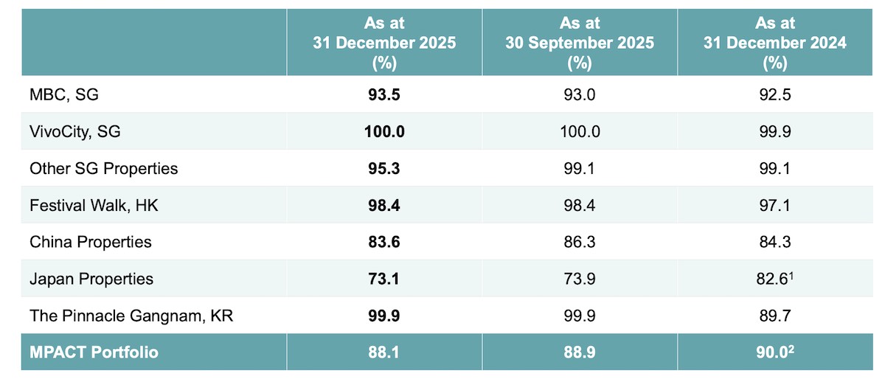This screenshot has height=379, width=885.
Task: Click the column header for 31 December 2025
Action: tap(384, 43)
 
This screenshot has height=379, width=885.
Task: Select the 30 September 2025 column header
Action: tap(579, 43)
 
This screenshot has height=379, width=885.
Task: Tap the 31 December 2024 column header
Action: tap(774, 43)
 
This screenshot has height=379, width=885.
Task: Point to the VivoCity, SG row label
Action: tap(74, 132)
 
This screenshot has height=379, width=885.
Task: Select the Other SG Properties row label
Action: tap(104, 168)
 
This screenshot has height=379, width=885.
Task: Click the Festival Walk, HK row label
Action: tap(94, 205)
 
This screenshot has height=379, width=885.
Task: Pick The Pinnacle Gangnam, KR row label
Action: tap(131, 316)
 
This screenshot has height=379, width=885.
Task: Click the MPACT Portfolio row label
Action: tap(94, 352)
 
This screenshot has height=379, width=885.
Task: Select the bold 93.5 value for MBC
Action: tap(384, 95)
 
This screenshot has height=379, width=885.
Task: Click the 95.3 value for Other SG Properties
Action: tap(384, 168)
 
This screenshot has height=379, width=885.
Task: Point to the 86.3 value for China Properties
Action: tap(579, 242)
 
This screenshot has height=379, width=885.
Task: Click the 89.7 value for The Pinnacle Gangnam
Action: tap(774, 316)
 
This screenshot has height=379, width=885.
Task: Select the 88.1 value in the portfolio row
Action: tap(384, 352)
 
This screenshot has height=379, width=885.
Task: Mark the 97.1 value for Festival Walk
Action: tap(774, 205)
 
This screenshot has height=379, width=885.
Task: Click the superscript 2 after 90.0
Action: tap(791, 348)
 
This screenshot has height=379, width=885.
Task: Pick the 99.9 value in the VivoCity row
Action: tap(774, 132)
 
